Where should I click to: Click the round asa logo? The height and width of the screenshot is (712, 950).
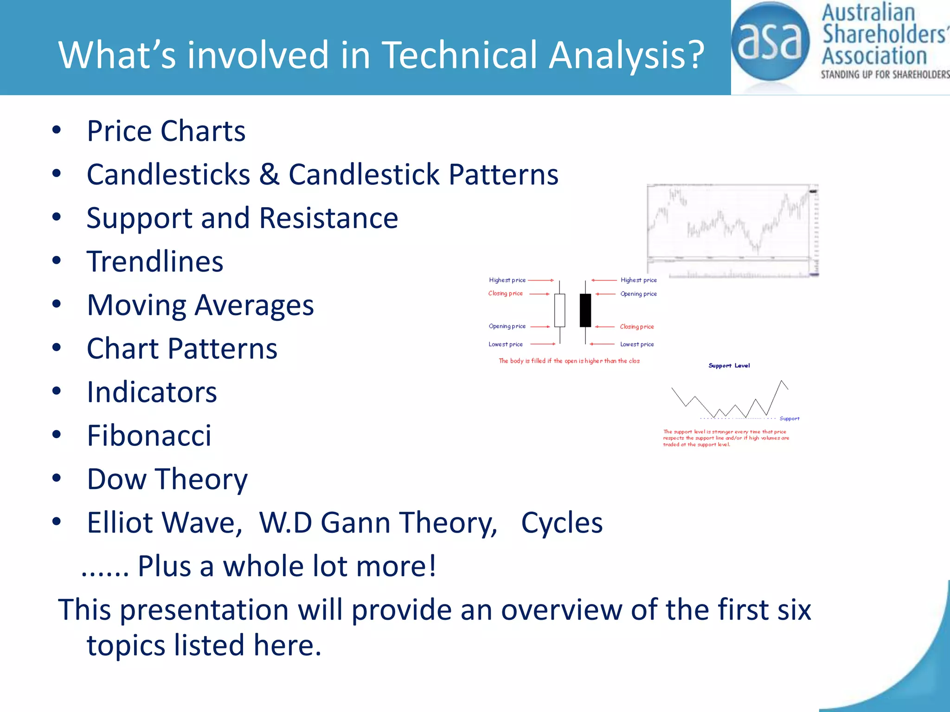click(x=770, y=42)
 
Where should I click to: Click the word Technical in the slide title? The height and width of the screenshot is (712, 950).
click(x=459, y=55)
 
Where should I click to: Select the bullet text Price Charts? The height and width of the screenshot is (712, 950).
click(x=166, y=131)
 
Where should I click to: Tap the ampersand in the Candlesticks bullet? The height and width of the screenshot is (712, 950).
click(x=269, y=175)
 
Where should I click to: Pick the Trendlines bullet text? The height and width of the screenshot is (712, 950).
click(x=155, y=261)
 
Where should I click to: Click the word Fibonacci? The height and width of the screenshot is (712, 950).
click(x=149, y=436)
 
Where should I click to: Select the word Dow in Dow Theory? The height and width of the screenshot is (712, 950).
click(x=116, y=479)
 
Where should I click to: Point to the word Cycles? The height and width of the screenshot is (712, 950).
click(x=561, y=523)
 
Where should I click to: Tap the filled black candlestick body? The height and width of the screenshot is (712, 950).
click(x=585, y=310)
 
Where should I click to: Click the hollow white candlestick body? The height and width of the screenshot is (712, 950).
click(x=560, y=310)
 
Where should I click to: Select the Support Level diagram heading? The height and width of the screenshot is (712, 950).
click(x=729, y=366)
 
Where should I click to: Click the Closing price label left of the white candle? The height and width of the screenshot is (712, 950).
click(x=505, y=293)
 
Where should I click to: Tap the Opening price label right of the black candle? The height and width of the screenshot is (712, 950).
click(x=638, y=294)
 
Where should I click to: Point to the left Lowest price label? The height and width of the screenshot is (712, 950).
click(x=505, y=344)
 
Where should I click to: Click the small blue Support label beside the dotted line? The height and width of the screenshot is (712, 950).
click(x=789, y=419)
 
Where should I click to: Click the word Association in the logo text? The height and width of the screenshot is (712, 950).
click(x=874, y=56)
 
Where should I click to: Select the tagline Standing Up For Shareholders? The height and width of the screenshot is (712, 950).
click(x=884, y=75)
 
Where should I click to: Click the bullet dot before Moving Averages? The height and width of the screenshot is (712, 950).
click(x=57, y=305)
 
